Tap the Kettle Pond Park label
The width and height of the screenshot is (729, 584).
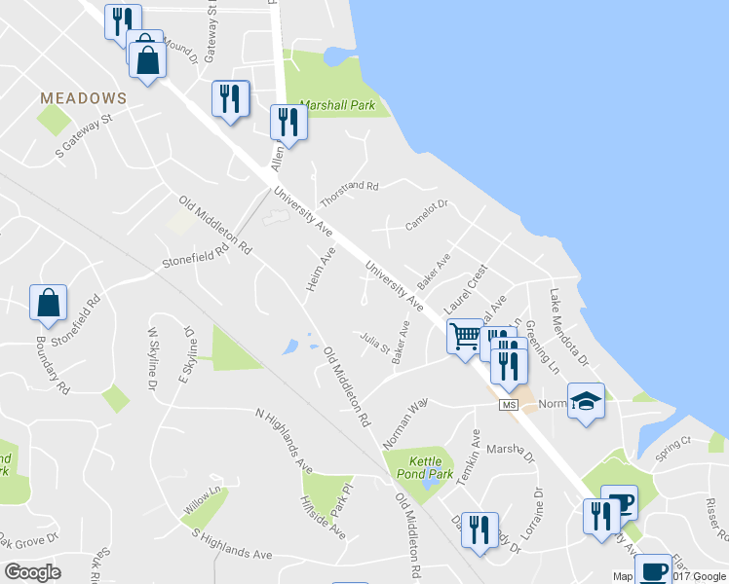(x=432, y=467)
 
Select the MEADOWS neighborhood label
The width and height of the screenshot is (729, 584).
(x=84, y=98)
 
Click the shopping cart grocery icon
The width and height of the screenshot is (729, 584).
(x=465, y=337)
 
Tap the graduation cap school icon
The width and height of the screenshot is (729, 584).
(x=586, y=401)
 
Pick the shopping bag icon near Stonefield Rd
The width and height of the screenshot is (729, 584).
(x=48, y=304)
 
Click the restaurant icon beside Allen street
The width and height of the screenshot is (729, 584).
(x=288, y=121)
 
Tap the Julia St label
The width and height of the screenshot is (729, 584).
(x=374, y=343)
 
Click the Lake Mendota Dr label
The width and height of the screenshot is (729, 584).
(x=569, y=327)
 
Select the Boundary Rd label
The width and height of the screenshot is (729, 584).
(x=54, y=364)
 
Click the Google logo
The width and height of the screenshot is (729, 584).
(x=32, y=572)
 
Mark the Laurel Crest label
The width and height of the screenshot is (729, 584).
(x=464, y=288)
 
